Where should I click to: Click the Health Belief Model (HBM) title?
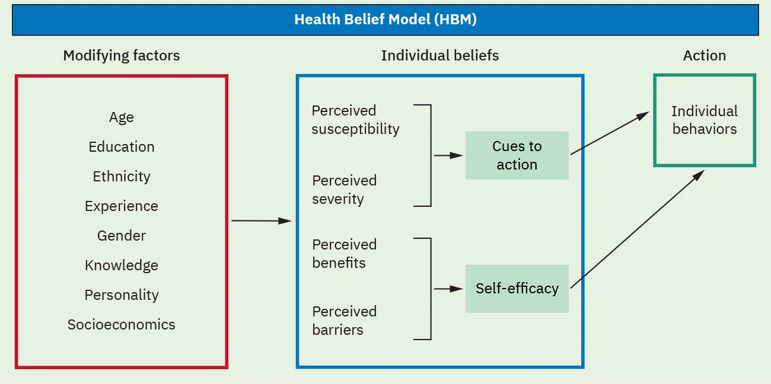(x=385, y=20)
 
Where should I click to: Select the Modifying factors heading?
(x=121, y=56)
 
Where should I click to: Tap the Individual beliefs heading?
(x=439, y=56)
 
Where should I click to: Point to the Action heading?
(x=704, y=56)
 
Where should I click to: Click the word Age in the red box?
(x=121, y=117)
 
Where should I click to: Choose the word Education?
(x=121, y=147)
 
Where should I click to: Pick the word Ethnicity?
(x=121, y=177)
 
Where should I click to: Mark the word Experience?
(x=121, y=206)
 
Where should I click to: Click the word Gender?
(x=121, y=236)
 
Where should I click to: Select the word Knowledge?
(x=121, y=265)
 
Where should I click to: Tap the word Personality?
(x=121, y=295)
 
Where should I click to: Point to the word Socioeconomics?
(x=121, y=325)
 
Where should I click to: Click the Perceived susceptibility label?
(x=355, y=120)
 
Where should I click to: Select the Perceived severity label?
(x=345, y=190)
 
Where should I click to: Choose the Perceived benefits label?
(x=345, y=254)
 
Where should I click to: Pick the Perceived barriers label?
(x=345, y=321)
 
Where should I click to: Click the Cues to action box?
(x=517, y=155)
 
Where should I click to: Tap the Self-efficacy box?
(x=517, y=289)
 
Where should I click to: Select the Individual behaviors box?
(x=704, y=120)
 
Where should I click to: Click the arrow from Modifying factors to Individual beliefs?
(x=261, y=220)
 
